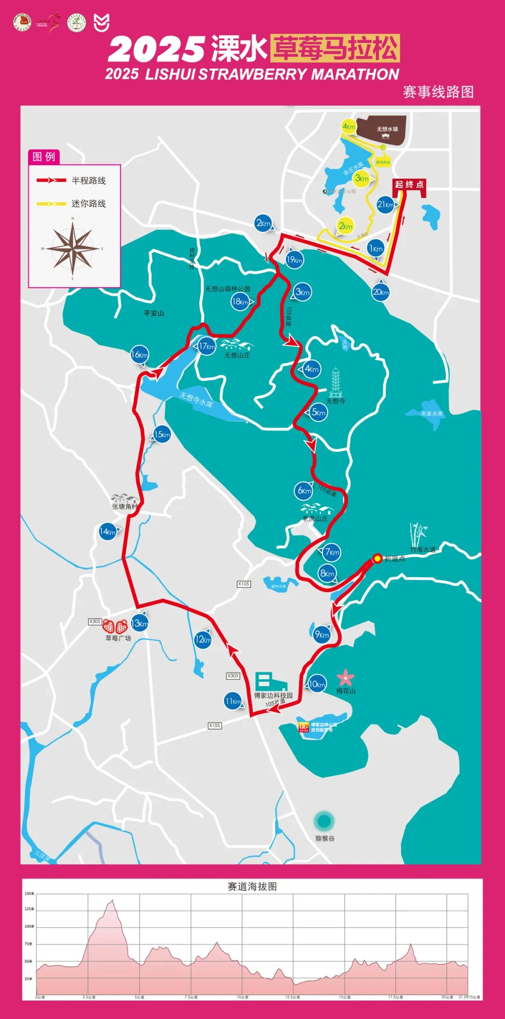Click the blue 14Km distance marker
pos(108,532)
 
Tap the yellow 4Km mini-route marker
pos(349,127)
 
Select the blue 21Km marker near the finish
pos(386,204)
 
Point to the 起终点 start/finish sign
pos(409,185)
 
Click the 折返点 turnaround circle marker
pos(377,558)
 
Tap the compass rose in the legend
pos(73,248)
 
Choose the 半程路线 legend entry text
pos(88,181)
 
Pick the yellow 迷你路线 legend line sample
pos(51,203)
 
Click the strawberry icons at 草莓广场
pos(115,626)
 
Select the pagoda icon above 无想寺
pos(335,382)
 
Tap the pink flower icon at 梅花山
pos(346,677)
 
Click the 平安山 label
pos(154,313)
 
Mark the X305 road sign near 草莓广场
pos(95,622)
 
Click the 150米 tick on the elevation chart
pos(29,894)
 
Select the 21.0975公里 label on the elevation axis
pos(469,997)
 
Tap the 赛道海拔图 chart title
pos(252,887)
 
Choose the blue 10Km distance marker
pos(317,684)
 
